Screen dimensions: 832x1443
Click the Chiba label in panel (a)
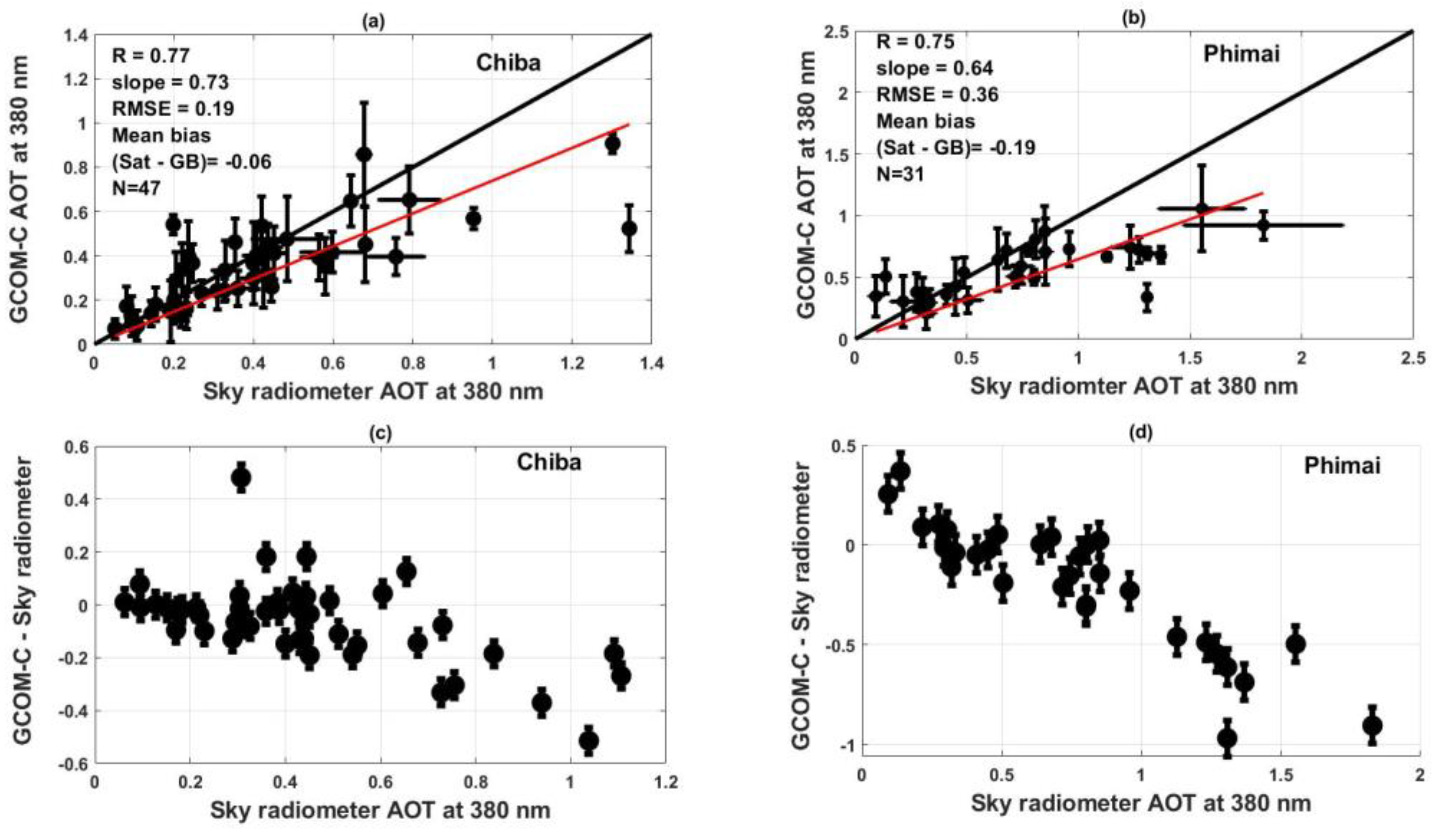[508, 62]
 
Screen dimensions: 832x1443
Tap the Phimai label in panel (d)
[1342, 465]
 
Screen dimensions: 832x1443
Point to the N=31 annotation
[900, 174]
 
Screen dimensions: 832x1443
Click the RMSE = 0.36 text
[937, 94]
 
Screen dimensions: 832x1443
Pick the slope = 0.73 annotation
[170, 82]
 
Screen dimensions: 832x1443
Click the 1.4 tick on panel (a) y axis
[76, 35]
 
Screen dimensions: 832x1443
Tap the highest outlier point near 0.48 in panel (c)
[241, 477]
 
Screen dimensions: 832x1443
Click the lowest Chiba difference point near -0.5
[588, 741]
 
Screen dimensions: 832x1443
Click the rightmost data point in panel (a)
[629, 228]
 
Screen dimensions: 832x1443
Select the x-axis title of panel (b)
[1134, 387]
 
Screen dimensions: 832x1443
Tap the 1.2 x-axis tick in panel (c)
[665, 781]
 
